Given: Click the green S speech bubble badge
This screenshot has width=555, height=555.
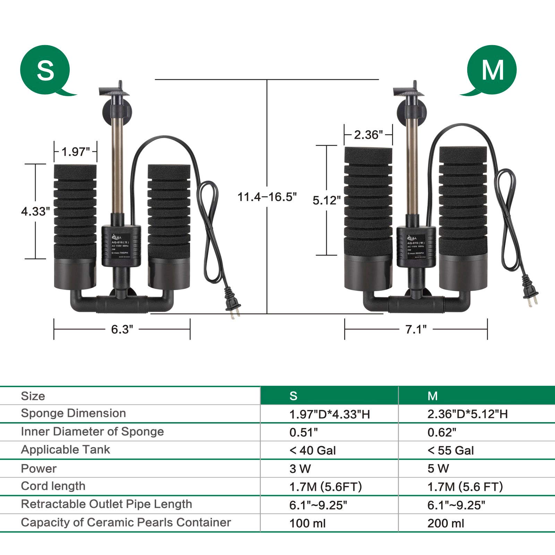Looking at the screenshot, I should click(45, 70).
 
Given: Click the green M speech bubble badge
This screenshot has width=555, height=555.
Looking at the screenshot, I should click(492, 70).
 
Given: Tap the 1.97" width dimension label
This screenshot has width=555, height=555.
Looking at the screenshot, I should click(75, 152).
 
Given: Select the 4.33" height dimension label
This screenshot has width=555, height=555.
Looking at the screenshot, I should click(35, 211).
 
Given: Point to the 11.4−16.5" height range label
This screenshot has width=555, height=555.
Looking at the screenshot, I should click(267, 197).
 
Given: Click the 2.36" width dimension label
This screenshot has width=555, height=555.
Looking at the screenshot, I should click(368, 135).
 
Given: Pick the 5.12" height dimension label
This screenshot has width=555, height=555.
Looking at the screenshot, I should click(326, 200).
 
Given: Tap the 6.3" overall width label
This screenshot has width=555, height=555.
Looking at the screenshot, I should click(122, 329).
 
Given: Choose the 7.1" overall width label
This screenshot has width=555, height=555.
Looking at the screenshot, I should click(416, 329).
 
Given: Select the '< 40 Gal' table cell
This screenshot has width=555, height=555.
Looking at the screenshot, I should click(313, 450).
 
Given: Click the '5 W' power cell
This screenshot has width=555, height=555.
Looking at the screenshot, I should click(438, 469).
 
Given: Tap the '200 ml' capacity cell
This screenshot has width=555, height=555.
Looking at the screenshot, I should click(446, 523).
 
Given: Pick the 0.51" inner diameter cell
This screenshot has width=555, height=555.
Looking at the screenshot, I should click(304, 432).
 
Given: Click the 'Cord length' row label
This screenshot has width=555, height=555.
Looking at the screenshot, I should click(53, 486).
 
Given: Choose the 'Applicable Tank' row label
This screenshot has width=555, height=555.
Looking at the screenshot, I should click(65, 450).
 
